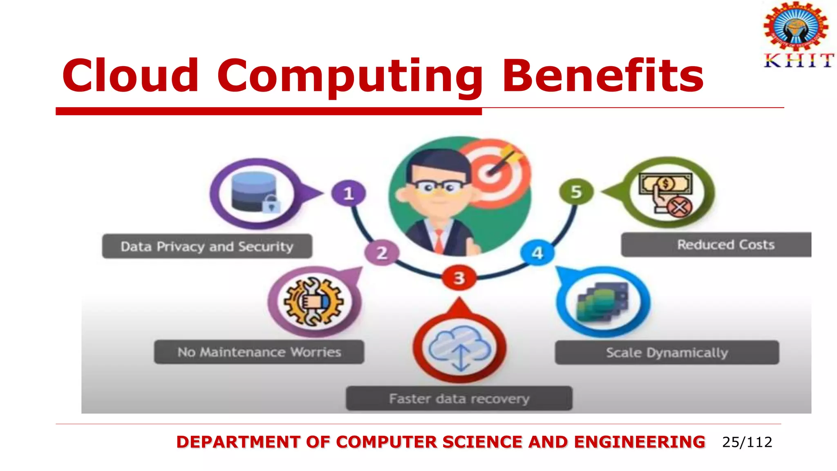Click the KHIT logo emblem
pos(796,25)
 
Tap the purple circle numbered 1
pos(348,193)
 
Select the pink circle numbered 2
pos(382,253)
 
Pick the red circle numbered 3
pos(459,278)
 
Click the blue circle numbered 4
pos(537,253)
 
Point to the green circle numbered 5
pos(576,192)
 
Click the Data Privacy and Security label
pos(207,247)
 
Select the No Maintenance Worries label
pos(259,352)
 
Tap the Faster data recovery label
pos(459,398)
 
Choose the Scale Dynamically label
pos(667,352)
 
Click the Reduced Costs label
pos(725,244)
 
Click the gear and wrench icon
pos(313,302)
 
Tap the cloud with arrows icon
pos(459,348)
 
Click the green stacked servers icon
pos(602,303)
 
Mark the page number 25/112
pos(747,442)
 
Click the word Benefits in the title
pos(602,76)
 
